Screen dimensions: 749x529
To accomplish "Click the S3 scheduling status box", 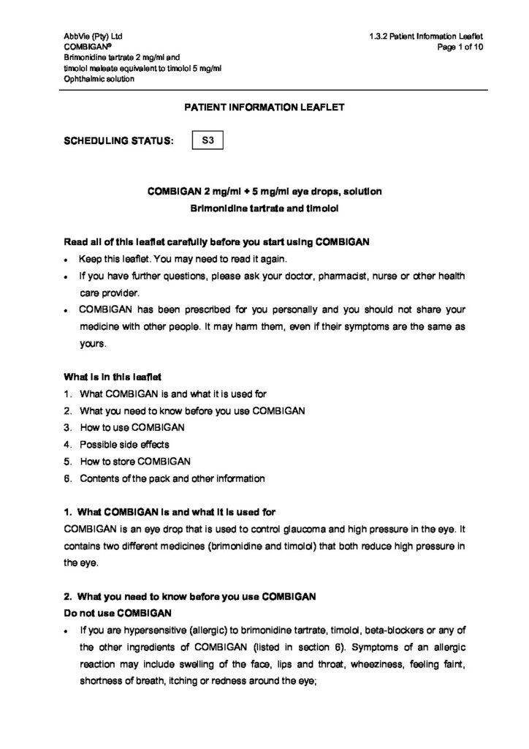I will pos(207,139).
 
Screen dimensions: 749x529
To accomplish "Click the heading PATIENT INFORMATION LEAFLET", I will pos(264,107).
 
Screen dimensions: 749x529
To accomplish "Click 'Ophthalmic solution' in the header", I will pos(99,79).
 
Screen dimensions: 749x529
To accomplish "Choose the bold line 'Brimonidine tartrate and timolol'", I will pos(264,208).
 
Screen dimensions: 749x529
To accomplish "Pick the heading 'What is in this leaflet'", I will pos(112,377).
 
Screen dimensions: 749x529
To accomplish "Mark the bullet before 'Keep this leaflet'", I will pos(66,260).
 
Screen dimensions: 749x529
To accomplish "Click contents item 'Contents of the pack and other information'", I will pos(172,479).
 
